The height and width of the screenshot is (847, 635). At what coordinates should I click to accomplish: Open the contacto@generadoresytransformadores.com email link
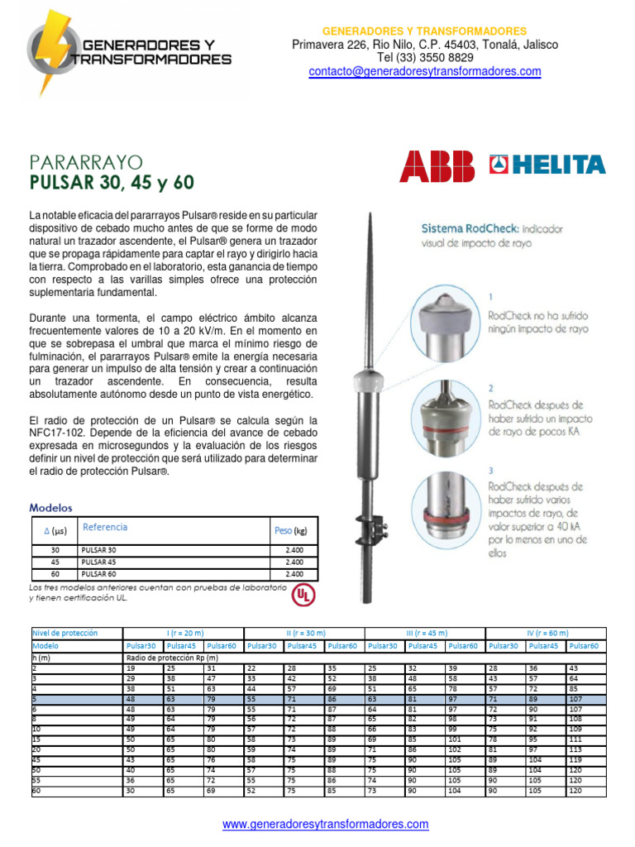point(425,72)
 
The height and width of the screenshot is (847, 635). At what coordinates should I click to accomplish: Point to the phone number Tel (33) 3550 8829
point(425,58)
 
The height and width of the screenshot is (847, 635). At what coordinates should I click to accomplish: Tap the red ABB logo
point(437,165)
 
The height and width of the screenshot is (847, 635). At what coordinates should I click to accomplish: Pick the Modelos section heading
point(50,507)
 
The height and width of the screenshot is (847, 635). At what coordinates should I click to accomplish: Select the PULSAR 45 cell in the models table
point(99,562)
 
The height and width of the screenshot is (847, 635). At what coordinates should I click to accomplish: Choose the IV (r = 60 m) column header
point(546,633)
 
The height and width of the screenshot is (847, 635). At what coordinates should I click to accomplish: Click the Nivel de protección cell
point(64,633)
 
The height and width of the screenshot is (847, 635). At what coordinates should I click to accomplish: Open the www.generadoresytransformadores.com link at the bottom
point(326,824)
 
